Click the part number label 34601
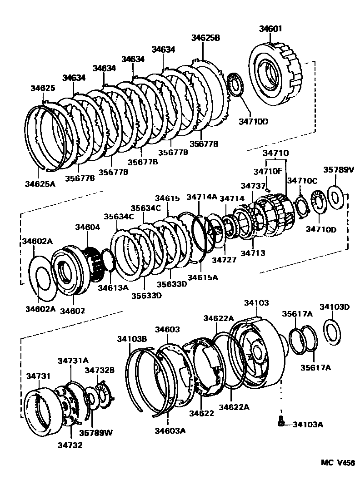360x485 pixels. tap(271, 29)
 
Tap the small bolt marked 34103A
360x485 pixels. tap(281, 422)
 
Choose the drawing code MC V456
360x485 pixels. tap(337, 463)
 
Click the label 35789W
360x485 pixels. tap(96, 433)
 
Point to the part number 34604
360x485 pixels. tap(87, 227)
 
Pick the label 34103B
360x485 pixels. tap(132, 338)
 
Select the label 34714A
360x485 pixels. tap(202, 197)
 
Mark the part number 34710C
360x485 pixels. tap(302, 181)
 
